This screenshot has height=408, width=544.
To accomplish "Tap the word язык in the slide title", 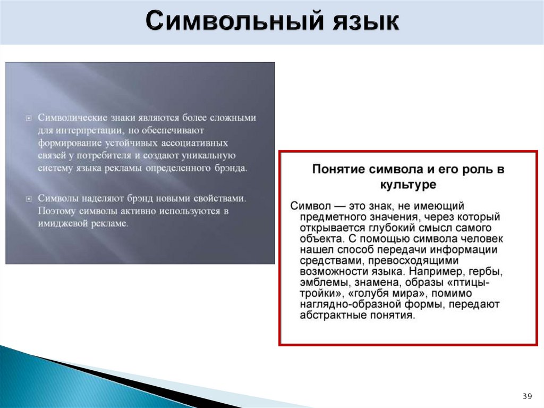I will point(359,22).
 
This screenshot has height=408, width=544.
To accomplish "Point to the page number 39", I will point(527,396).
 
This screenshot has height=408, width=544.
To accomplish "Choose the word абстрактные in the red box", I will point(334,315).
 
